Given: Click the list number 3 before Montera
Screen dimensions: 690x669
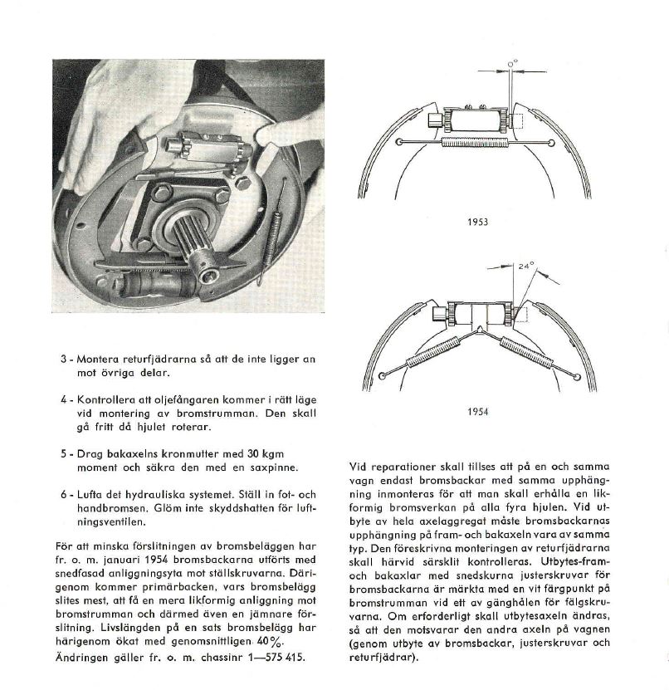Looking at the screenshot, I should [63, 359].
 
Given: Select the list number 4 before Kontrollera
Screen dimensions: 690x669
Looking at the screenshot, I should [63, 399].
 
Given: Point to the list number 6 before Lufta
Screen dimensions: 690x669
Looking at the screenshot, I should [63, 494].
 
